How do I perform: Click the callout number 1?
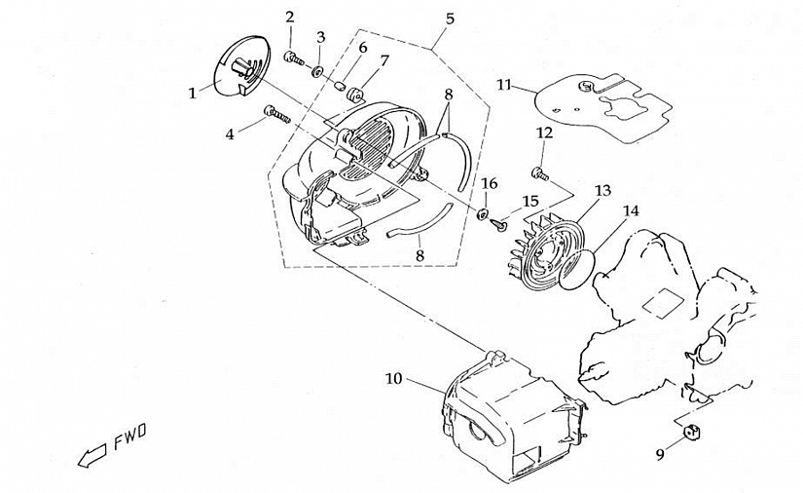click(x=193, y=93)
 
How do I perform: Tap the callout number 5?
click(x=450, y=19)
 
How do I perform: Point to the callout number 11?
click(x=503, y=85)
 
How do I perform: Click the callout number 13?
click(x=602, y=190)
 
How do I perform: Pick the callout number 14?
click(x=631, y=209)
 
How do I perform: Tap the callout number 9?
click(x=660, y=454)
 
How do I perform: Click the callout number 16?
click(x=490, y=183)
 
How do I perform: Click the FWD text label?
click(x=130, y=440)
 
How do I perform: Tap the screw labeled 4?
click(x=276, y=116)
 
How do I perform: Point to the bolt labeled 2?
click(x=293, y=58)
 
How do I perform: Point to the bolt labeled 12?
click(x=538, y=173)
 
